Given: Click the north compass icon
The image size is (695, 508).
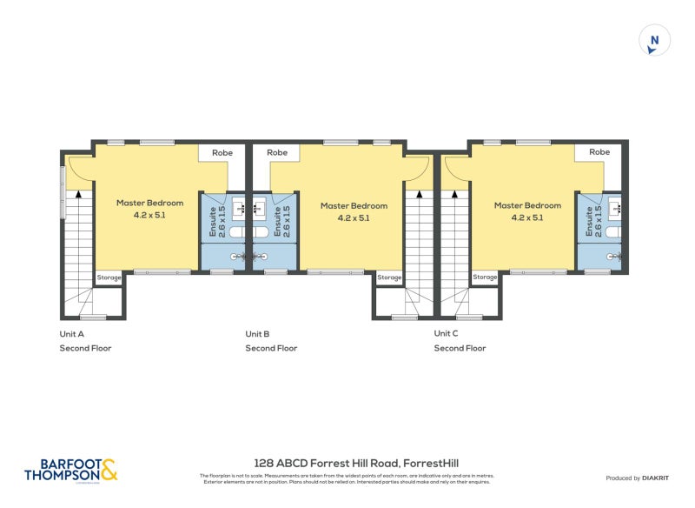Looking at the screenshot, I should (655, 40).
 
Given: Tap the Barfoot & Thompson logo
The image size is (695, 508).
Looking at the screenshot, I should (70, 471).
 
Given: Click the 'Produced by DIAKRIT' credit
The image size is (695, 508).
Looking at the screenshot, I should (635, 478).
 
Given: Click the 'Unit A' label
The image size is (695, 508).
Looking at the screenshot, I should (71, 334).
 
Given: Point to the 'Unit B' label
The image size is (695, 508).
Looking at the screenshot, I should (257, 334).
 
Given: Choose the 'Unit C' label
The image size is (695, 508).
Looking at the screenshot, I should (447, 334).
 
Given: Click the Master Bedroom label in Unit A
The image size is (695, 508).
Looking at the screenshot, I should (149, 208).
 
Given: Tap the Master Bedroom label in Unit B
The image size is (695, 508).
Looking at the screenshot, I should (354, 211).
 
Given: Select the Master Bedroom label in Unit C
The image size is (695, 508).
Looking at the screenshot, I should (527, 211).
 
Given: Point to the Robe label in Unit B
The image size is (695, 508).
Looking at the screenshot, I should (277, 152).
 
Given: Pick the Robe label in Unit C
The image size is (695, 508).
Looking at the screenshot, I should (599, 152).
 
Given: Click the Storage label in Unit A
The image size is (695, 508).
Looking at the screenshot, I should (109, 277).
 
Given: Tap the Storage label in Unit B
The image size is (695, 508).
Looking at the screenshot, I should (389, 277).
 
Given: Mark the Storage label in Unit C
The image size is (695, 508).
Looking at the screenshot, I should (485, 277).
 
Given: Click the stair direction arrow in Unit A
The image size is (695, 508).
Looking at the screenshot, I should (78, 195).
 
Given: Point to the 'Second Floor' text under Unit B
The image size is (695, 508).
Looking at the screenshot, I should (271, 348).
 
